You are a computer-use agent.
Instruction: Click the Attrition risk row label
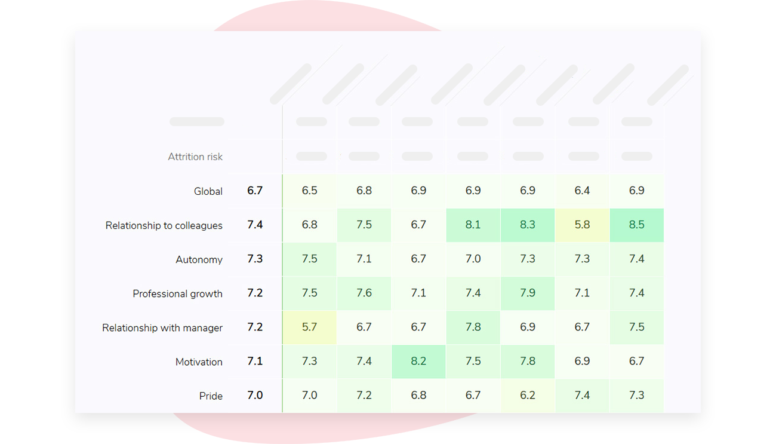click(x=195, y=157)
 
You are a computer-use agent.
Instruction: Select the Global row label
click(x=208, y=191)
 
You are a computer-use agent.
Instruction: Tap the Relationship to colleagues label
click(x=164, y=225)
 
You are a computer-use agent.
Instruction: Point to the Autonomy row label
click(x=199, y=259)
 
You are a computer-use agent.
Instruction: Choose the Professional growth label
click(x=178, y=293)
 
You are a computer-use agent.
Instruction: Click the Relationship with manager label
click(x=162, y=327)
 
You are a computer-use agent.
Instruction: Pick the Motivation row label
click(x=199, y=362)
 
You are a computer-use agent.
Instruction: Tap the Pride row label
click(x=211, y=396)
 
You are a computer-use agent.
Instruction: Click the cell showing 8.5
click(x=637, y=225)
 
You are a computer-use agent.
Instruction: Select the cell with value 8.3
click(x=528, y=225)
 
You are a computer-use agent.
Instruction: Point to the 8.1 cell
click(x=473, y=225)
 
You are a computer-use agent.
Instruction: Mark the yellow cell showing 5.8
click(x=582, y=225)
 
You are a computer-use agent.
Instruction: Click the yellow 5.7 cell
click(x=310, y=327)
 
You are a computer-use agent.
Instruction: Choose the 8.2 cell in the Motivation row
click(x=418, y=362)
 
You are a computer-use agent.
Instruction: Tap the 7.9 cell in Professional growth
click(x=528, y=293)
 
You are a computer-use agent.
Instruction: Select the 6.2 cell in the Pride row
click(x=528, y=396)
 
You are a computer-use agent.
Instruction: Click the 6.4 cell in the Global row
click(x=582, y=191)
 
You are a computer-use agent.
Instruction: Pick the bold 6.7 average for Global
click(x=255, y=191)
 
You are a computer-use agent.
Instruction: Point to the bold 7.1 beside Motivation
click(x=255, y=362)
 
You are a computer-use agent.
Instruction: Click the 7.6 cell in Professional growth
click(x=364, y=293)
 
